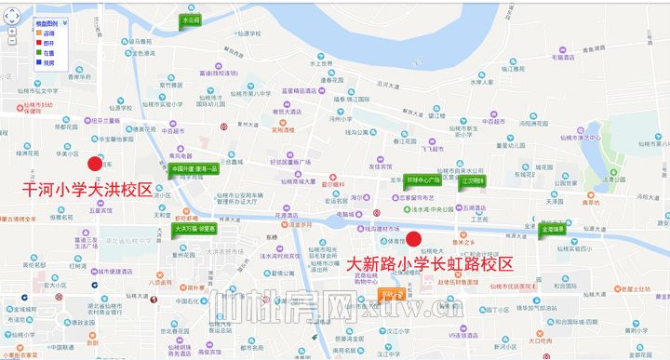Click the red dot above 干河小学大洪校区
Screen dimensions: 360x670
tap(94, 164)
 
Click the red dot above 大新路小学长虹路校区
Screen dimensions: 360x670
tap(415, 237)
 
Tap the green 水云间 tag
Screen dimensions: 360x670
tap(192, 20)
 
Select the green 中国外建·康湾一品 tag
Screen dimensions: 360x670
tap(194, 169)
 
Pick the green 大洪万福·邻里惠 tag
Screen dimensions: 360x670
tap(194, 228)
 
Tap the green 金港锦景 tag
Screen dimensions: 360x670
tap(553, 228)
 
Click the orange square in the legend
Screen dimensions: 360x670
tap(36, 33)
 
